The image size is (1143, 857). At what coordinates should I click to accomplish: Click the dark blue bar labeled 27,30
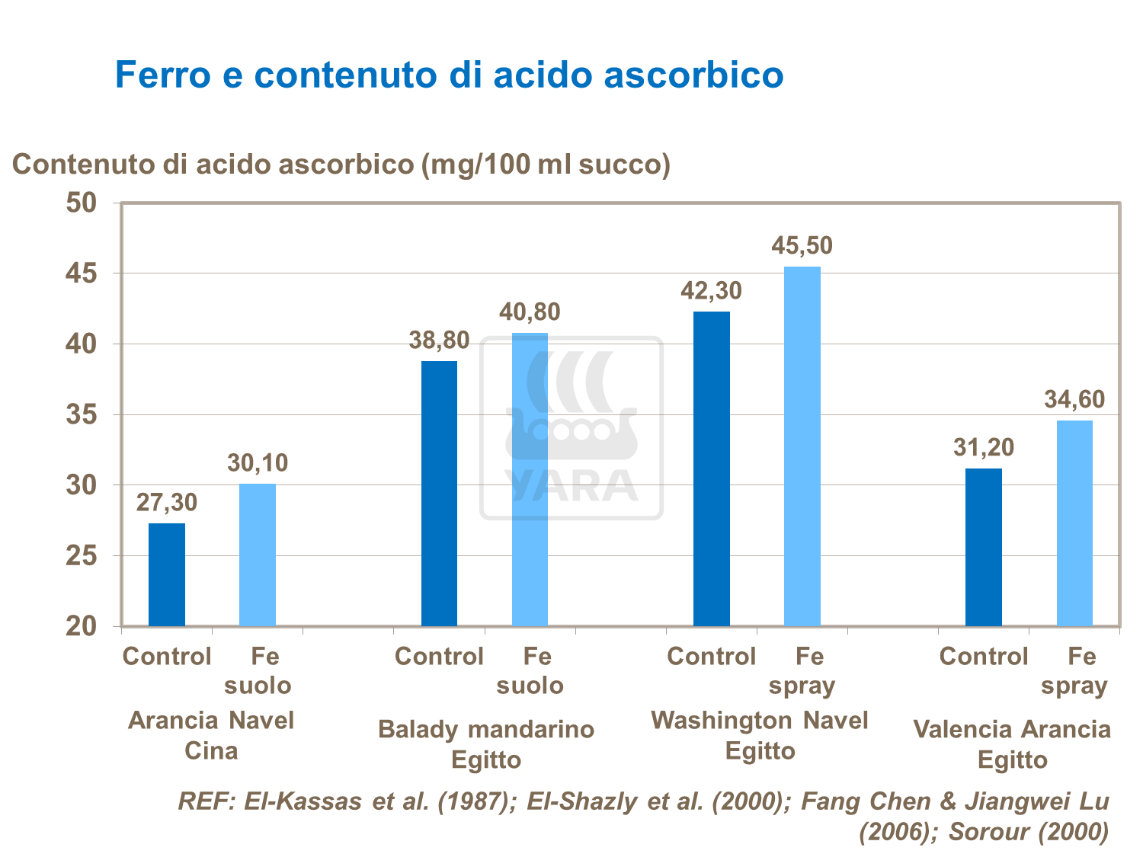(166, 574)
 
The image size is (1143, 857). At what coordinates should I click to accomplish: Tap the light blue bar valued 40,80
(530, 479)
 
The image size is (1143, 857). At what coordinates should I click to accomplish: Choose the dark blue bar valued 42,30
(711, 468)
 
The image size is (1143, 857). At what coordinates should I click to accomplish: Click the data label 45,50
(802, 245)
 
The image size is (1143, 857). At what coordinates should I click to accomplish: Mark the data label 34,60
(1074, 399)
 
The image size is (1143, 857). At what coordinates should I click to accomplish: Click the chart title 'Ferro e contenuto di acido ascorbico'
(449, 75)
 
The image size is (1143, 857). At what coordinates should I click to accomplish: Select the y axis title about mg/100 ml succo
(341, 164)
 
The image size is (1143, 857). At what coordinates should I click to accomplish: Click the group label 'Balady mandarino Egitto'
(486, 744)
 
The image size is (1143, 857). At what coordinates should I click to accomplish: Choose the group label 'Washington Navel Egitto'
(760, 735)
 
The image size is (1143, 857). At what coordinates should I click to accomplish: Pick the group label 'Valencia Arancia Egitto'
(1012, 744)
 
